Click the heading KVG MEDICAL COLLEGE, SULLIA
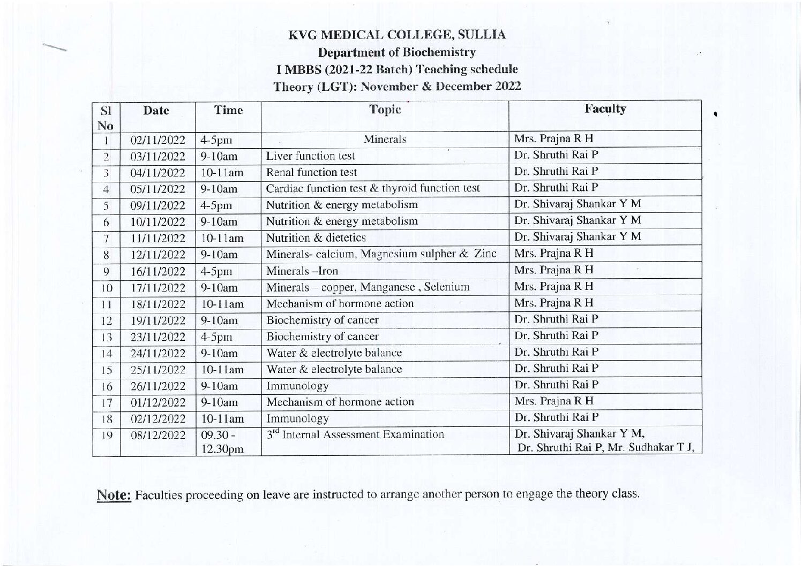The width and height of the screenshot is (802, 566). [x=397, y=35]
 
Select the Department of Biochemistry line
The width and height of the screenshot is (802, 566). [x=397, y=52]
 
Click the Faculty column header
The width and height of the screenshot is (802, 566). [x=605, y=109]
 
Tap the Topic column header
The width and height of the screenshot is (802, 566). [x=385, y=109]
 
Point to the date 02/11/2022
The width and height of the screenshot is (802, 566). [x=158, y=141]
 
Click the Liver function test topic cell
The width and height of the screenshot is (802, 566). [x=311, y=156]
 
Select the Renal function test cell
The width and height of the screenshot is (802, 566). [x=311, y=172]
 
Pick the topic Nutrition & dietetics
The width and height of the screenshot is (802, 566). [x=316, y=238]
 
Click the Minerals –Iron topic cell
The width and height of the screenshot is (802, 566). [x=302, y=271]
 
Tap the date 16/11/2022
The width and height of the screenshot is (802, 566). [x=158, y=271]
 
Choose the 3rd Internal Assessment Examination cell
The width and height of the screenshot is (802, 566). [x=356, y=434]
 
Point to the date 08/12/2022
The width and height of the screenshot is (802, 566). [x=158, y=435]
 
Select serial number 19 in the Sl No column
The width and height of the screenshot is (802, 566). [x=107, y=435]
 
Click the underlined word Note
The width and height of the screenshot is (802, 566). [x=114, y=495]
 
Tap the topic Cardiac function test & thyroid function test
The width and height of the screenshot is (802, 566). [x=373, y=188]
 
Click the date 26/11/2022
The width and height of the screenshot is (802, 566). [x=158, y=386]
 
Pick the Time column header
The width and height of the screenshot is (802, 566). [x=228, y=110]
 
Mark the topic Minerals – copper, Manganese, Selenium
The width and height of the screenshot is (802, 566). [x=368, y=287]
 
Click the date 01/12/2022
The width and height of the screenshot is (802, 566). [x=158, y=402]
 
